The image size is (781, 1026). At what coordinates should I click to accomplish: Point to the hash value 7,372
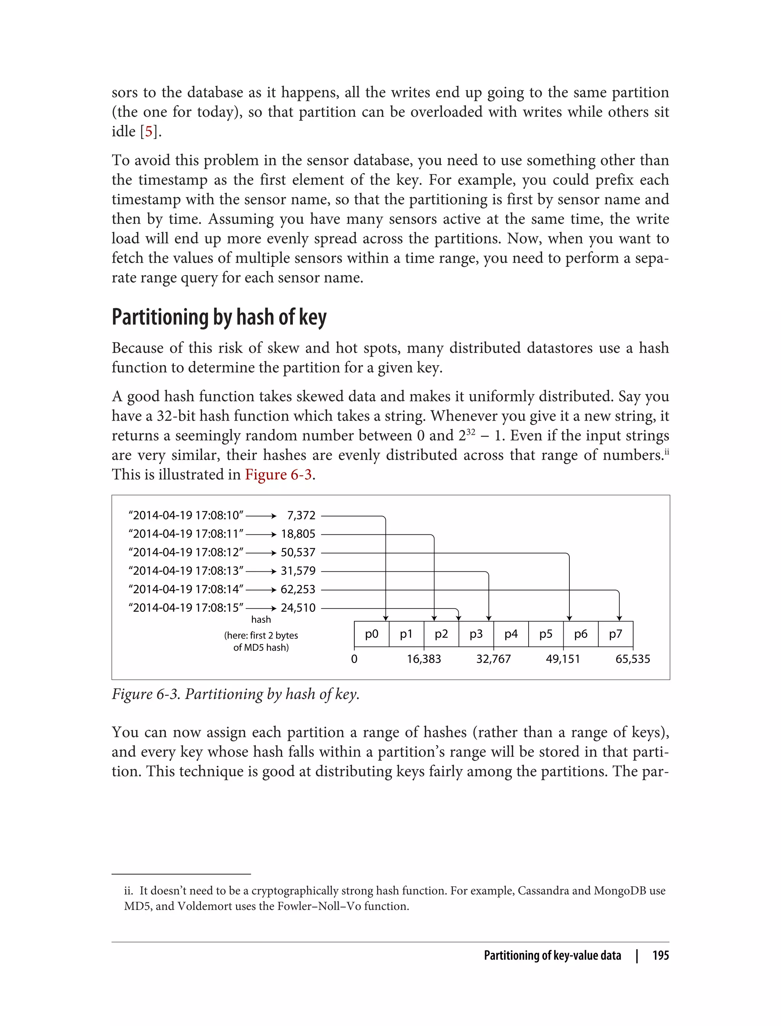coord(301,516)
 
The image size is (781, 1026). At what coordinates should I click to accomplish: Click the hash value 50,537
coord(298,552)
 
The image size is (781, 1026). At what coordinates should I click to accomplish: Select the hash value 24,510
coord(298,608)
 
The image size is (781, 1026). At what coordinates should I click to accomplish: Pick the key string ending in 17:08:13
coord(186,571)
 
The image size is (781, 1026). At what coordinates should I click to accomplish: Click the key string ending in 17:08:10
coord(186,516)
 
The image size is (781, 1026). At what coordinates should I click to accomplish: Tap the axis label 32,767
coord(493,659)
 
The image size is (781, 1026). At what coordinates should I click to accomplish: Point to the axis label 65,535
coord(633,659)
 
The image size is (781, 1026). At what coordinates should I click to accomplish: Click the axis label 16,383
coord(424,659)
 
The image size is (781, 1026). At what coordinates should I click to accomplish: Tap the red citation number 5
coord(148,132)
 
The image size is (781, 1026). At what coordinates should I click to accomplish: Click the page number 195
coord(660,955)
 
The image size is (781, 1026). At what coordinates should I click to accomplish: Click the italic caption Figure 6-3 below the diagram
coord(235,694)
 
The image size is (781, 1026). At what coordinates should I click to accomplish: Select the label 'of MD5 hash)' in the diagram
coord(261,648)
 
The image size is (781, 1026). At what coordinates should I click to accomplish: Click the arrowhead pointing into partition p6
coord(569,618)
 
